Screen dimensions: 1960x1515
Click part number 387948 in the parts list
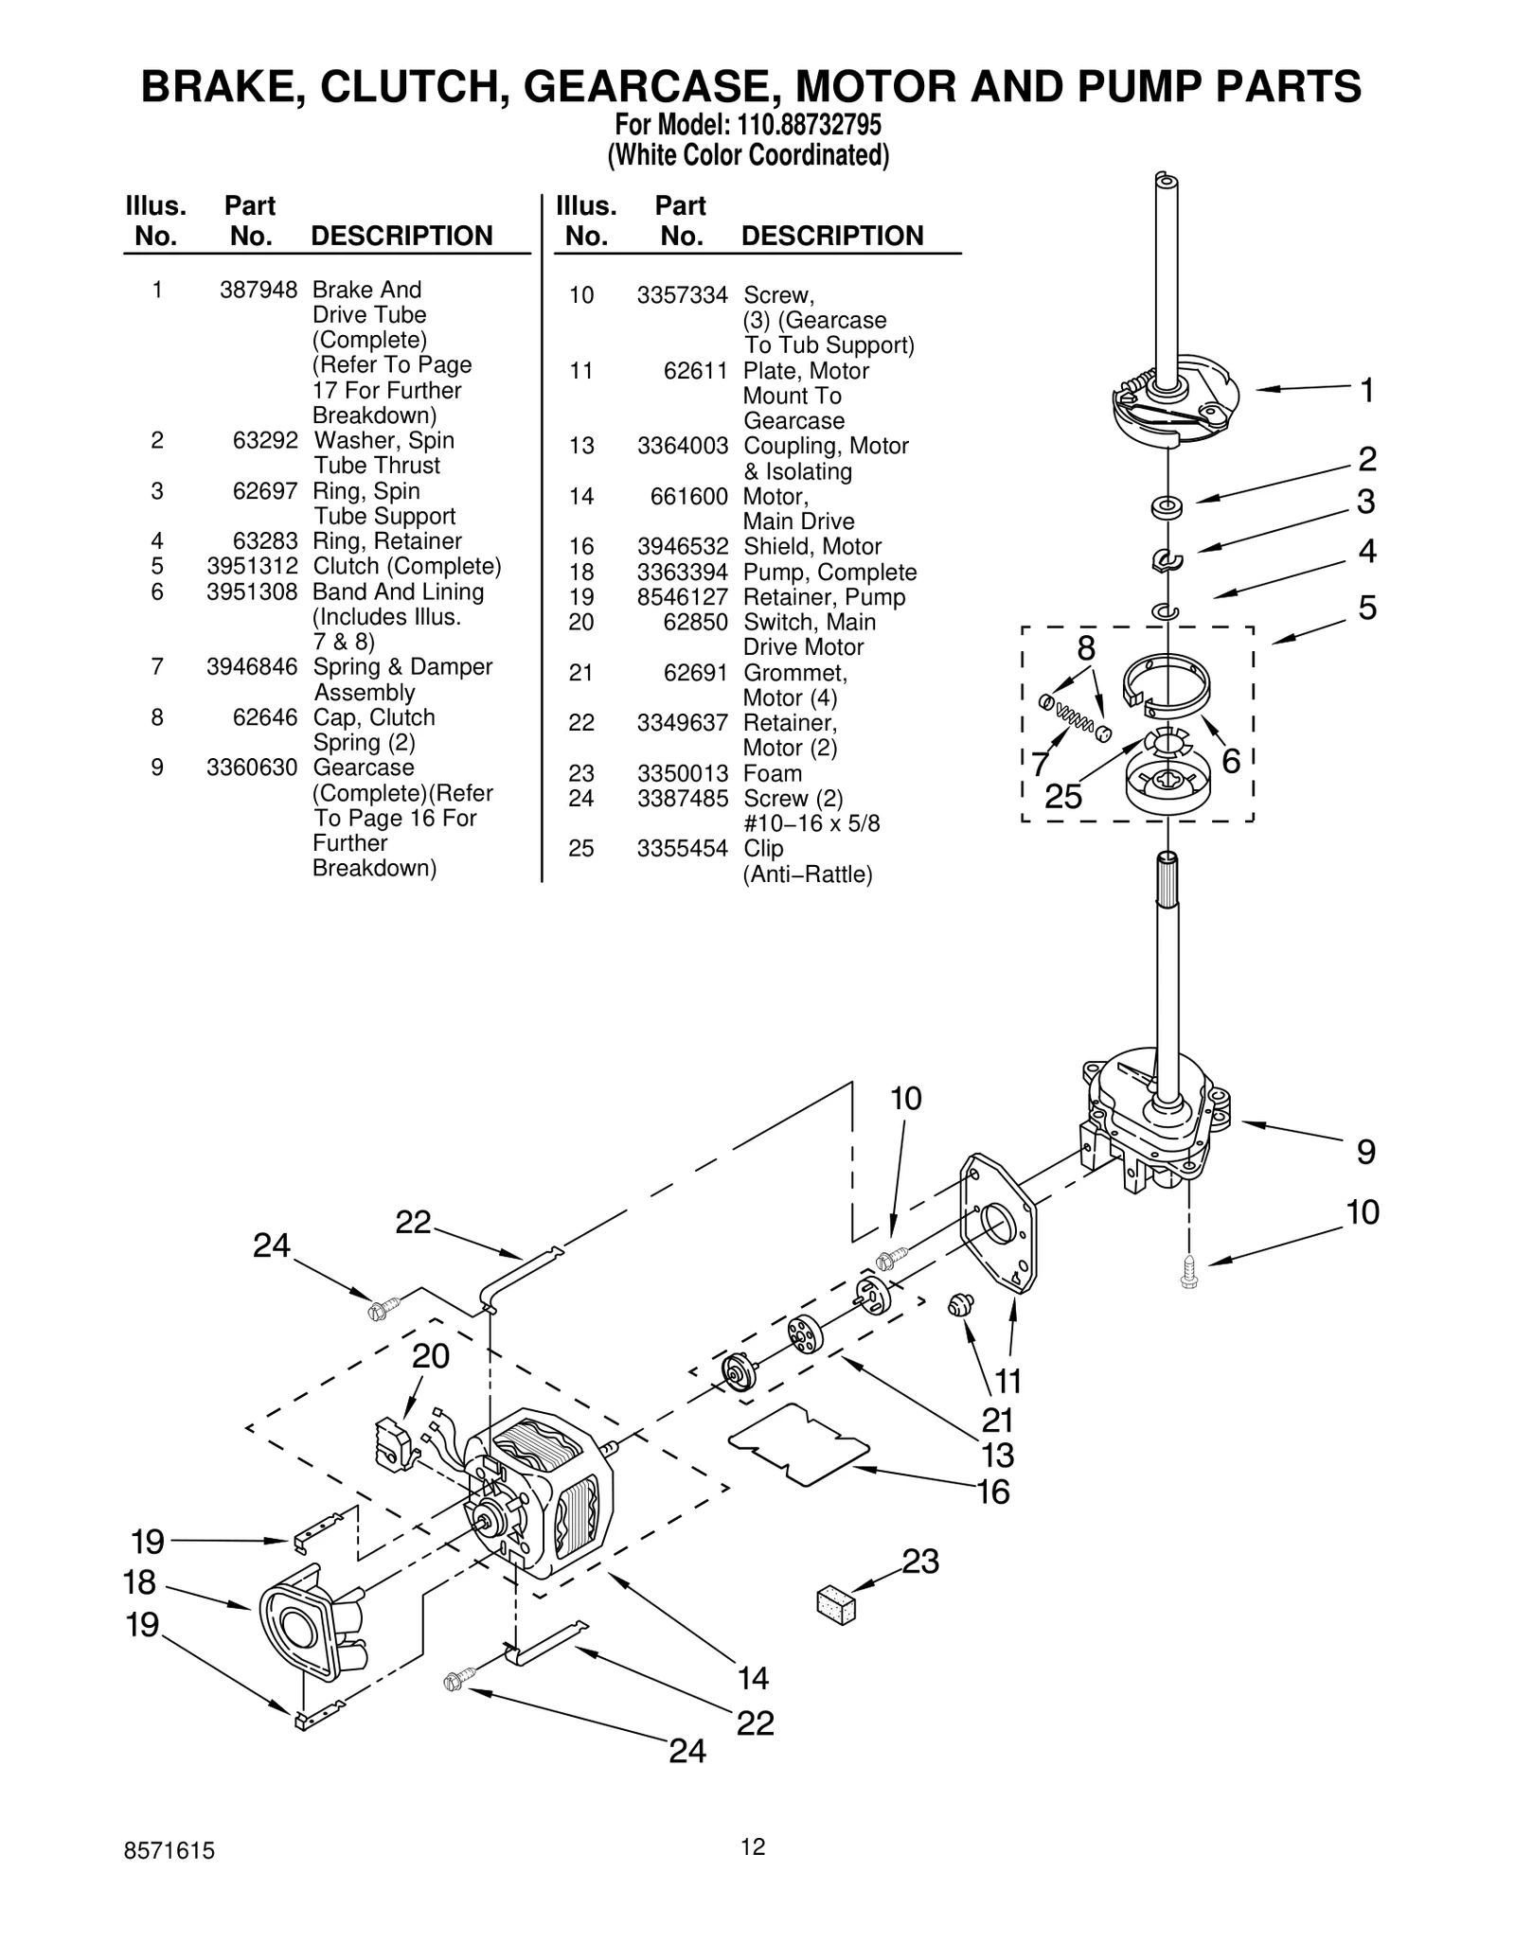(258, 290)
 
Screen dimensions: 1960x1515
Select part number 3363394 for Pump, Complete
(682, 573)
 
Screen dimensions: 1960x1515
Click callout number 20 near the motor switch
(430, 1357)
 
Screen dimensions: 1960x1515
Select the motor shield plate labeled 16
(798, 1447)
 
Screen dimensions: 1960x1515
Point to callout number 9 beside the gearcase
(1365, 1153)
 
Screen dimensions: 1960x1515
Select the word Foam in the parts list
(773, 773)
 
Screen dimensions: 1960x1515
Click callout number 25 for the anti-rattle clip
(1062, 797)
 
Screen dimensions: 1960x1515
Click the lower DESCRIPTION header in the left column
(401, 236)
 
